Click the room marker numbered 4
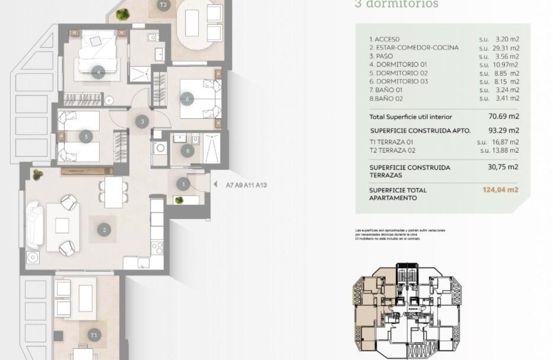[99, 72]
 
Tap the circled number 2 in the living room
[104, 230]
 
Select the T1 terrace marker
[94, 335]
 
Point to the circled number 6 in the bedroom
[187, 99]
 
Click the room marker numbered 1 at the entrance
[183, 184]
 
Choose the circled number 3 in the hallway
[142, 122]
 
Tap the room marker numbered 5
[86, 137]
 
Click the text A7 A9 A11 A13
[246, 185]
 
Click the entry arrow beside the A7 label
[215, 185]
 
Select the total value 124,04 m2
[500, 189]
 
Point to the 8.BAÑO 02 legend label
[386, 99]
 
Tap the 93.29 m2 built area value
[504, 130]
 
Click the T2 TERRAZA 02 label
[392, 150]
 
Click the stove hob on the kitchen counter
[157, 248]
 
